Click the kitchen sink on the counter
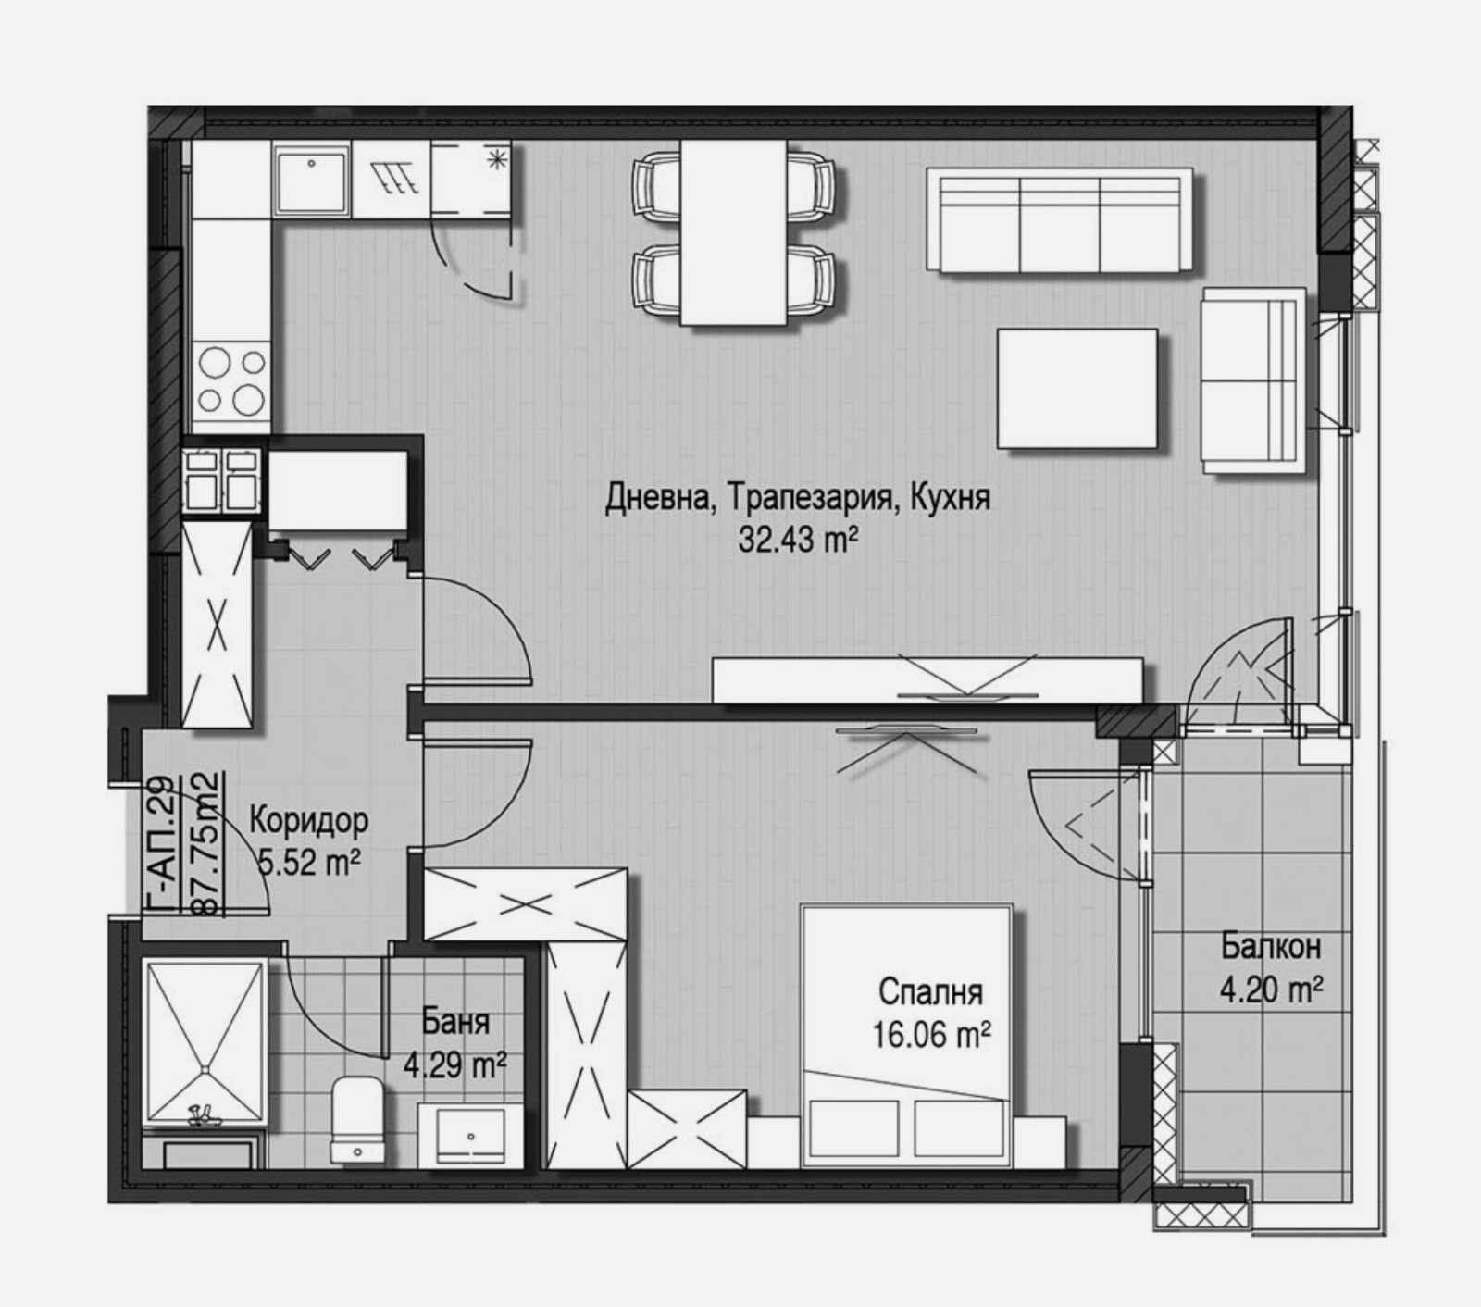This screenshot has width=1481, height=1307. tap(311, 180)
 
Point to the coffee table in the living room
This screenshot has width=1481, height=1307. tap(1077, 388)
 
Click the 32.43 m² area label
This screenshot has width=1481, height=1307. tap(794, 539)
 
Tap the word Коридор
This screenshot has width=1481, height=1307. tap(309, 820)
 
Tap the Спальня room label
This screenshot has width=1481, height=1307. tap(930, 992)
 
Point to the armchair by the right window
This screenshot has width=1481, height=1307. tap(1251, 380)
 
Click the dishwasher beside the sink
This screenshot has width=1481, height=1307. tap(391, 180)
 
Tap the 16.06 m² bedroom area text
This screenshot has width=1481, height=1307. tap(932, 1034)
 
